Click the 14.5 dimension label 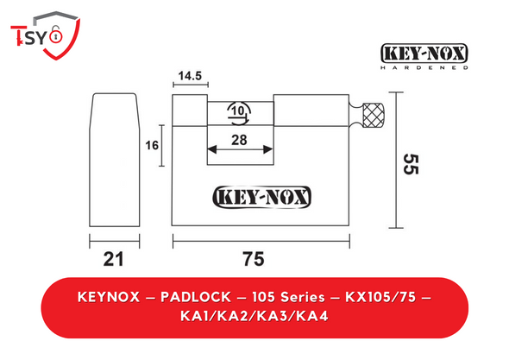[190, 76]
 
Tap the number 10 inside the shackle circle [237, 111]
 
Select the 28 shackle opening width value [239, 140]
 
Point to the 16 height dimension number [152, 145]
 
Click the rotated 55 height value [411, 164]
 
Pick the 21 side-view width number [114, 259]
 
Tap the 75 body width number [254, 259]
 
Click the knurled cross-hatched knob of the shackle [374, 115]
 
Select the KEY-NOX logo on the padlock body [261, 197]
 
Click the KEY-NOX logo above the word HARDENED [424, 53]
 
